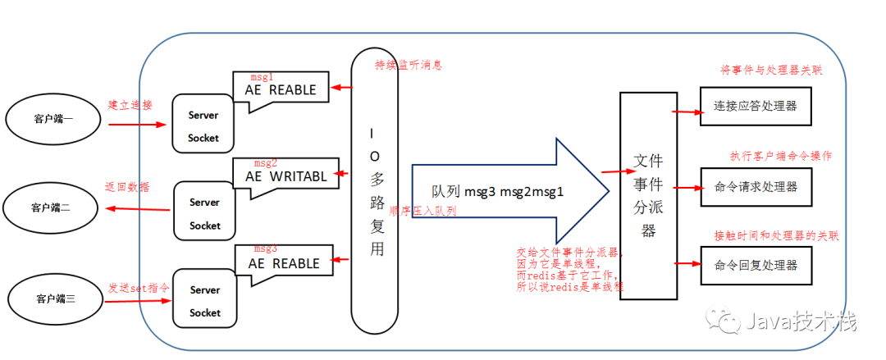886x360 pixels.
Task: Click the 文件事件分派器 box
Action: [x=649, y=194]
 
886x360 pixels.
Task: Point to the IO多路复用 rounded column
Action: [x=376, y=189]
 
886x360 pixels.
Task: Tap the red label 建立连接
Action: [x=130, y=105]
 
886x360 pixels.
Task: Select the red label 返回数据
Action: [x=127, y=186]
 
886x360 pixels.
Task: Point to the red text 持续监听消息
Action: [x=409, y=65]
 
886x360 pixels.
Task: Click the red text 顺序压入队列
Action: [x=422, y=211]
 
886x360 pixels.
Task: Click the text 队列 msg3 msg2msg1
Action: [x=497, y=190]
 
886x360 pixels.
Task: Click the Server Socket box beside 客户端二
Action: [x=204, y=213]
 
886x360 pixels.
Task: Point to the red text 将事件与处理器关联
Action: [x=770, y=71]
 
